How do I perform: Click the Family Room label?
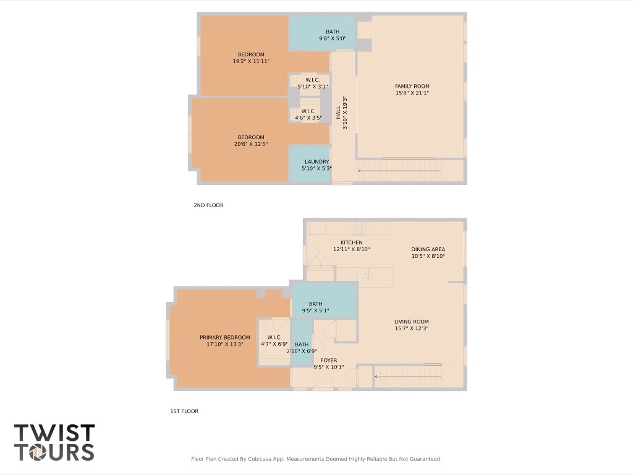point(412,87)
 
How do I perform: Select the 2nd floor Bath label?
point(332,32)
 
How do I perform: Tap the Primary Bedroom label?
point(225,338)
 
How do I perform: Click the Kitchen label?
point(351,242)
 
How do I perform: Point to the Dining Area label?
point(428,250)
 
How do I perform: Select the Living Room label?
point(412,322)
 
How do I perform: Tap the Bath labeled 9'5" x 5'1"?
point(315,304)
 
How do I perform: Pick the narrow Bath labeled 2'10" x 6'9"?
point(302,344)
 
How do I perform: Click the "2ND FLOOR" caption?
point(208,205)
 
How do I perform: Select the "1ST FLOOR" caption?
point(184,411)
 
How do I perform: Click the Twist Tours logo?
point(54,442)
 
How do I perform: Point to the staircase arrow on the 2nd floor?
point(399,170)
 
